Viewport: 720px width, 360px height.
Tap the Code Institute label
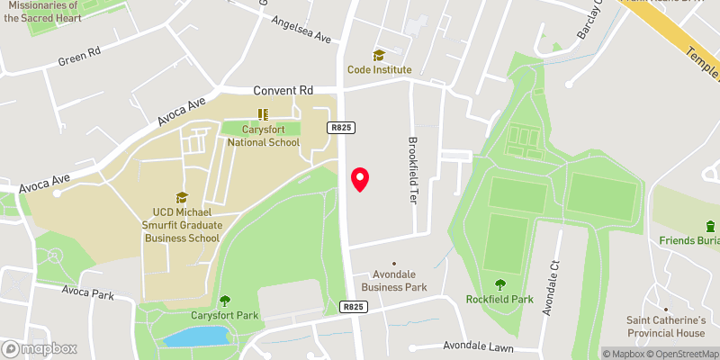[x=380, y=69]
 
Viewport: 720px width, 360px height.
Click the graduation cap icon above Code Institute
[x=379, y=55]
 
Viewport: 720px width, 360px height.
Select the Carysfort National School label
[x=263, y=136]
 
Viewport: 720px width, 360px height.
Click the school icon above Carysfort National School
[x=263, y=114]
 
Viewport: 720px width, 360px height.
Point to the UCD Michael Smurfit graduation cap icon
[x=181, y=197]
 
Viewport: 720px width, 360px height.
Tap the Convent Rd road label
[x=283, y=91]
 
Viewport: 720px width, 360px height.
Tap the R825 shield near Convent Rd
[x=338, y=129]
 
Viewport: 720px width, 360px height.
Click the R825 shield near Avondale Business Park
[x=353, y=307]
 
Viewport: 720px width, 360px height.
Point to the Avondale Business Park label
[x=394, y=281]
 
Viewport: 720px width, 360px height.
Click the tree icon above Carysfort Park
[x=225, y=301]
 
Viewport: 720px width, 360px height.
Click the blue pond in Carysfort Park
[x=196, y=337]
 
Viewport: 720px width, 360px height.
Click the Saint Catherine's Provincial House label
[x=666, y=327]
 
